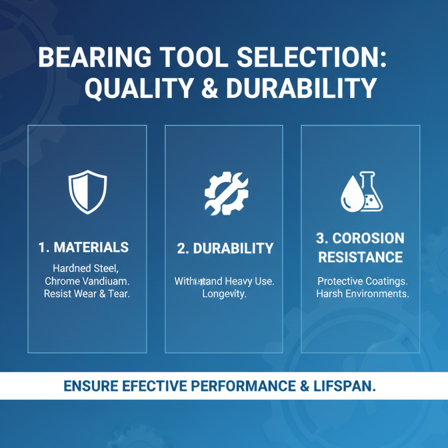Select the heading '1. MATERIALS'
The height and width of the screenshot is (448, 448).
[x=84, y=247]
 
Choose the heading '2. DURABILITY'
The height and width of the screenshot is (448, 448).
[x=225, y=249]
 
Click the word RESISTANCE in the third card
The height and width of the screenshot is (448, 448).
[x=360, y=257]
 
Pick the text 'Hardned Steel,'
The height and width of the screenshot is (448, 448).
[x=86, y=268]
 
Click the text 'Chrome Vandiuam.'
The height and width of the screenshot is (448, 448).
[x=86, y=281]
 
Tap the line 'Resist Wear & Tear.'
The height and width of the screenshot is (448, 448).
[x=87, y=294]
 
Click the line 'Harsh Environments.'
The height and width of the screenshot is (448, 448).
[x=362, y=294]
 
